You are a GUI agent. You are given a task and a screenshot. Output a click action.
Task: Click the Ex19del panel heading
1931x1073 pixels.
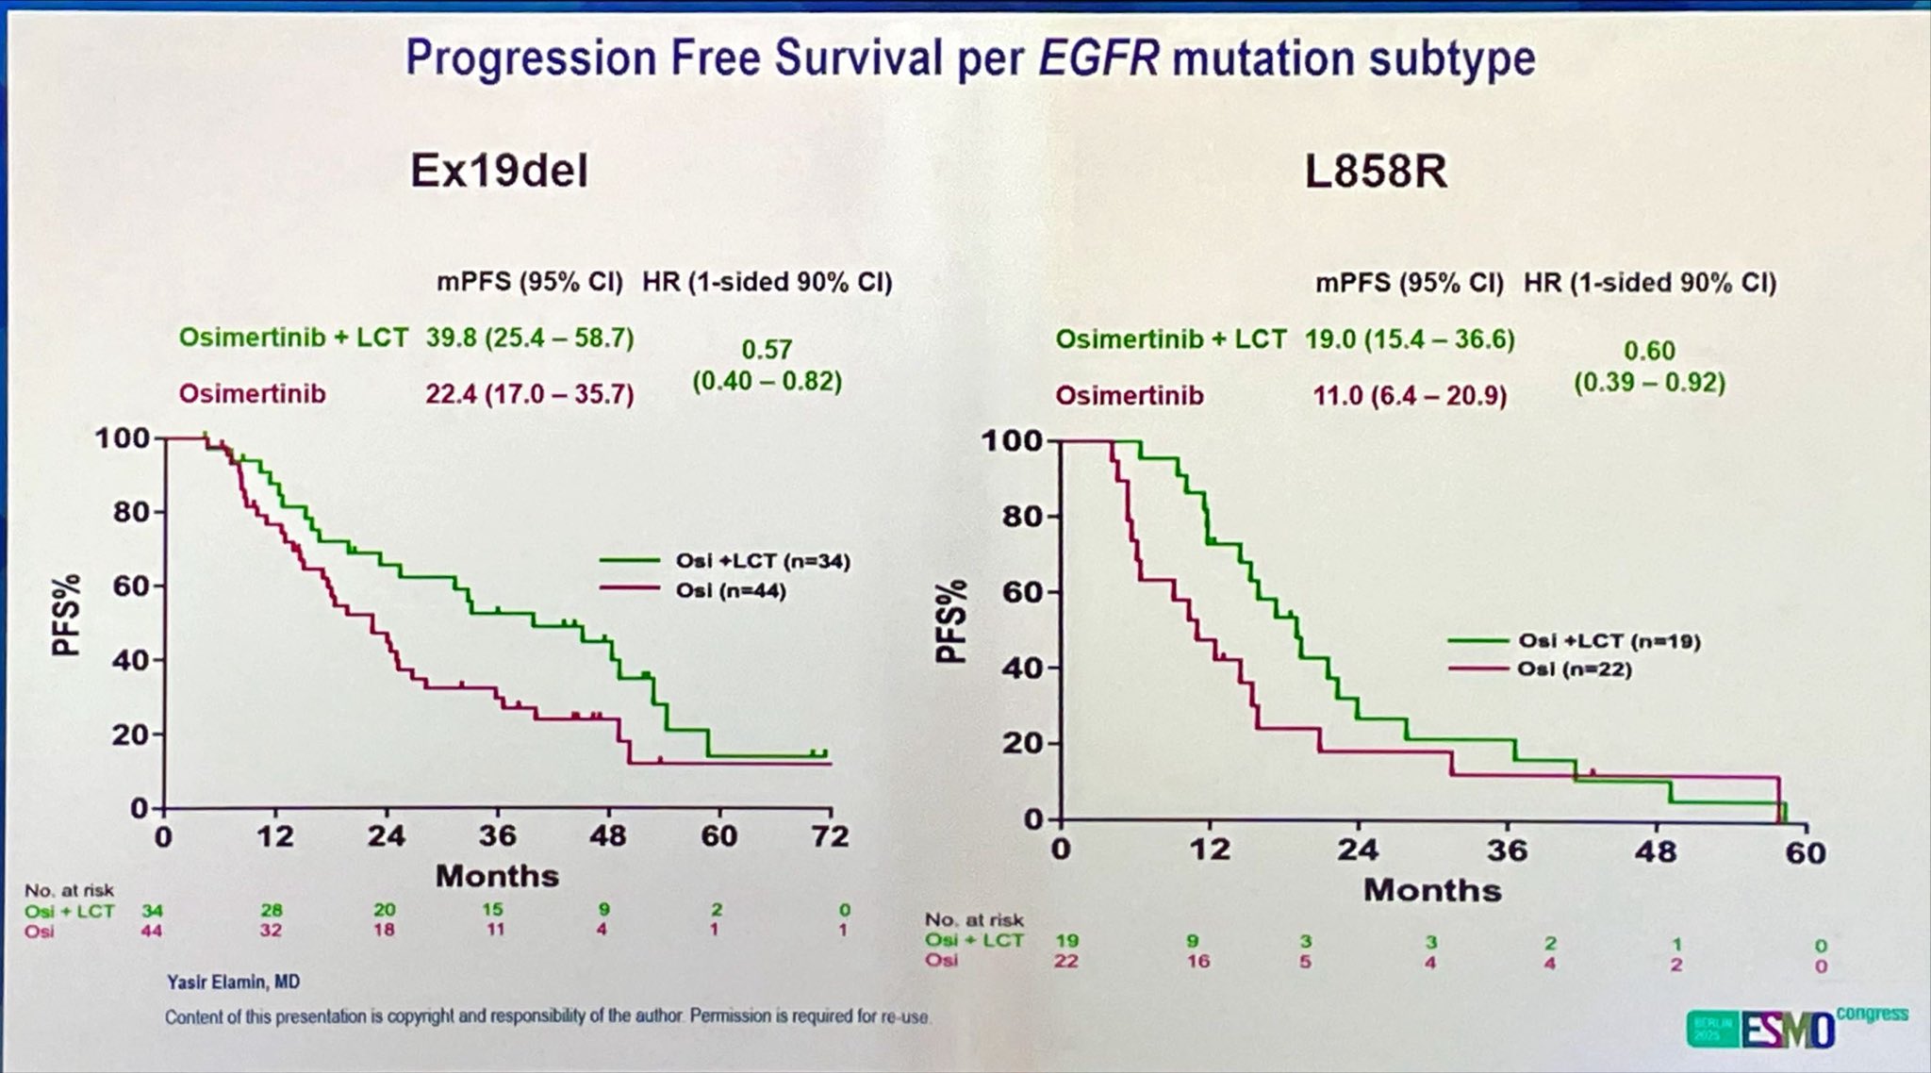coord(499,172)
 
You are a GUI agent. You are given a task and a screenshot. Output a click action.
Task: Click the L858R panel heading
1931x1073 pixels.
coord(1375,172)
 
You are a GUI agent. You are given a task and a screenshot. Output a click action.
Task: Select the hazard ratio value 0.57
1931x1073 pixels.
coord(766,350)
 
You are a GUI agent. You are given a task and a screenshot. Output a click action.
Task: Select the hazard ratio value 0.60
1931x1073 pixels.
coord(1649,351)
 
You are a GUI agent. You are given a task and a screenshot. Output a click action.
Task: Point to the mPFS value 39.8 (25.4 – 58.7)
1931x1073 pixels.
coord(529,338)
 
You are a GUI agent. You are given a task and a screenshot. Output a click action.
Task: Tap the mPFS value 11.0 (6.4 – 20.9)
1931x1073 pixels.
coord(1410,395)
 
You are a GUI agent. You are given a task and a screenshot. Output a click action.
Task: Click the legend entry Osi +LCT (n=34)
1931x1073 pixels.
coord(762,561)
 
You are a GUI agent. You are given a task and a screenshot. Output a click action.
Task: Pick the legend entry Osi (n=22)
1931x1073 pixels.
coord(1574,669)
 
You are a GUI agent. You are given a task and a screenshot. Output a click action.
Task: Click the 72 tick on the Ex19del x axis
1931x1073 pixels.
coord(830,836)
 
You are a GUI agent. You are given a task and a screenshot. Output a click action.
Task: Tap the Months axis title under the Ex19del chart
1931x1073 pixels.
coord(497,876)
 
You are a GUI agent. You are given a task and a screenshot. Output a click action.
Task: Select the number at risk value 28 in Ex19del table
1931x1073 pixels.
coord(272,910)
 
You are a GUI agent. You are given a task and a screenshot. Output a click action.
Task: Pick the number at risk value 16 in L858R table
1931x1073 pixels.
coord(1197,961)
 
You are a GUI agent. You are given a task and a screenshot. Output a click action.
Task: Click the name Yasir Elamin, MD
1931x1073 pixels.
coord(233,982)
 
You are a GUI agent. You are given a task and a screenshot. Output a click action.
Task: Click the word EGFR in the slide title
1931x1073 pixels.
coord(1098,58)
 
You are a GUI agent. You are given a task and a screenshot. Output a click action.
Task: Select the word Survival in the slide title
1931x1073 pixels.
coord(858,58)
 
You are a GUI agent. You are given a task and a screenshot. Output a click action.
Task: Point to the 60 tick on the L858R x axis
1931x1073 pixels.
coord(1805,852)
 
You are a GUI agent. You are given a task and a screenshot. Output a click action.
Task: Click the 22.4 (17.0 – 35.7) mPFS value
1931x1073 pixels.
coord(529,393)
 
